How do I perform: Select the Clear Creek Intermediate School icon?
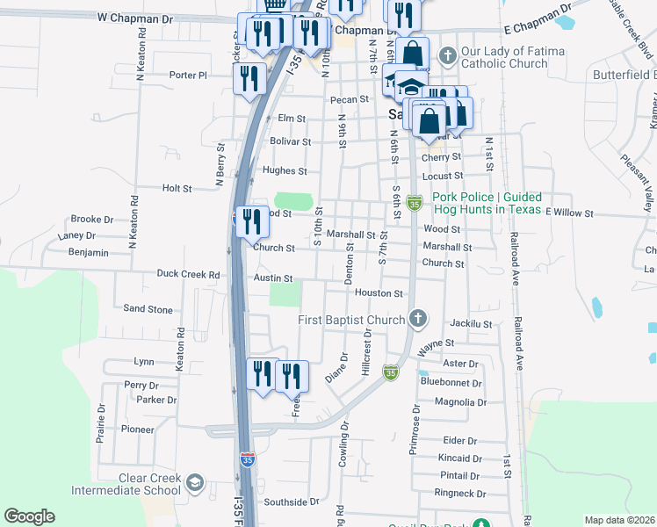tap(194, 484)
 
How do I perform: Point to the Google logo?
tap(29, 516)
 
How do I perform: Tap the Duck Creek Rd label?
tap(188, 274)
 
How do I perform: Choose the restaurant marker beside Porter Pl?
tap(249, 78)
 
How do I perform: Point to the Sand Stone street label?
tap(148, 309)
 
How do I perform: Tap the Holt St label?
tap(177, 188)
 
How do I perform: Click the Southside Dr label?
tap(292, 502)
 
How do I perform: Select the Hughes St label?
tap(284, 171)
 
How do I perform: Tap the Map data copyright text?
tap(620, 520)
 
